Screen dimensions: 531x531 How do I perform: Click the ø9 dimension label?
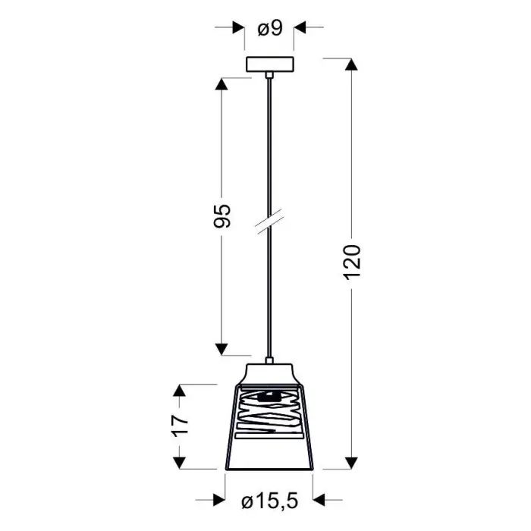[x=270, y=29]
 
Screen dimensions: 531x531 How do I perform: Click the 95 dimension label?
[x=222, y=216]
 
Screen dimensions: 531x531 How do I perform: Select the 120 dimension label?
[x=351, y=260]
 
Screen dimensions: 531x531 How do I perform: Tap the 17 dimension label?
[x=180, y=426]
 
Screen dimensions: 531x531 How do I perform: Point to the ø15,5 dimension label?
[x=269, y=501]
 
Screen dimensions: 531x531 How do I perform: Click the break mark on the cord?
[x=269, y=222]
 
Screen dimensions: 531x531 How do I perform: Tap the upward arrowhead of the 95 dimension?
[x=222, y=85]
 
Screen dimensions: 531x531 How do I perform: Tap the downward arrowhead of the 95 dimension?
[x=222, y=349]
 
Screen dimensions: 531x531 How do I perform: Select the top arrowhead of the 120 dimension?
[x=351, y=64]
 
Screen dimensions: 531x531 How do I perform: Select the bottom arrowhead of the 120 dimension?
[x=351, y=463]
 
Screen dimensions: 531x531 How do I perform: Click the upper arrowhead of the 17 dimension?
[x=180, y=391]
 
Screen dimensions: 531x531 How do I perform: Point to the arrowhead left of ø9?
[x=240, y=28]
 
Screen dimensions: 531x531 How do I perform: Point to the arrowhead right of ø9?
[x=300, y=28]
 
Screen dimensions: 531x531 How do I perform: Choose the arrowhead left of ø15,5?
[x=219, y=500]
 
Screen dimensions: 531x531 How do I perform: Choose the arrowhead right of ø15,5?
[x=319, y=500]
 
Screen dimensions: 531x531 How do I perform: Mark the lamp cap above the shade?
[x=269, y=373]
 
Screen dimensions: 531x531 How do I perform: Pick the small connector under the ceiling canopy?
[x=269, y=75]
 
